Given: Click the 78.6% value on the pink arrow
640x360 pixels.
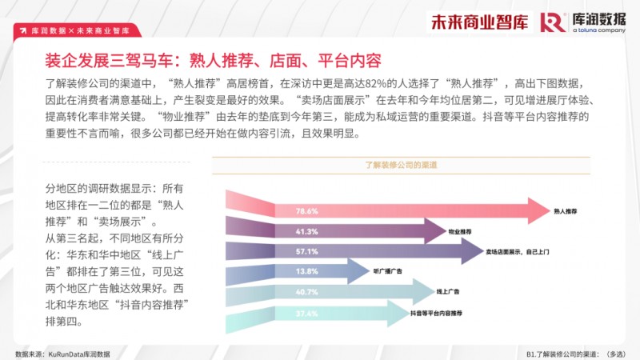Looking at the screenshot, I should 307,211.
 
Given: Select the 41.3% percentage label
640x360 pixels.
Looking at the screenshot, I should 307,231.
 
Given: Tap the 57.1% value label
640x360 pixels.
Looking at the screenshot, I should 307,251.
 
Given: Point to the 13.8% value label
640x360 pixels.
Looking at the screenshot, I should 307,271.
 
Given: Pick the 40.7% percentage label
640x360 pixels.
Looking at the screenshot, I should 307,291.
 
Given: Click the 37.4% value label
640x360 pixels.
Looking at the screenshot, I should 307,312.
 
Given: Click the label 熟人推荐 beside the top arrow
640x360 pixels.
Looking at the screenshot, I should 566,211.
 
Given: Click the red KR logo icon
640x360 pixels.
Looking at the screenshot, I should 552,22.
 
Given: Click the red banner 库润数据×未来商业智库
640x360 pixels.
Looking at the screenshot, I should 77,30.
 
